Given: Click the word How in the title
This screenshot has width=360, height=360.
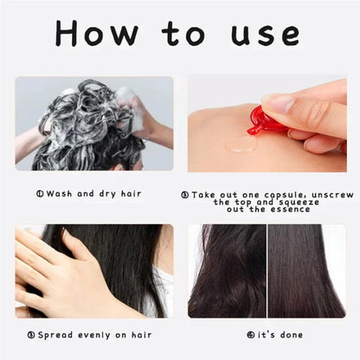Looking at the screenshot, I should tap(95, 34).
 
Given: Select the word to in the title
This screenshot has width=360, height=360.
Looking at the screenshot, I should tap(183, 34).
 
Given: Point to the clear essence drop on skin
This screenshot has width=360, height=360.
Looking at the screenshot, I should tap(242, 143).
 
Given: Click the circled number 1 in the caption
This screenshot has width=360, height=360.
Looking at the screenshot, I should tap(40, 195).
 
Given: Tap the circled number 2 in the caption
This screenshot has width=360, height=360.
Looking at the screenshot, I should tap(184, 195).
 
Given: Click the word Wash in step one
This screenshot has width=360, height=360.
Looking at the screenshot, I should tap(58, 195).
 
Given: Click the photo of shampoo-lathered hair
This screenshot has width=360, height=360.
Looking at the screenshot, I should tap(93, 123).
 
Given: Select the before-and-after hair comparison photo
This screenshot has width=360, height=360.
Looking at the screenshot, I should tap(267, 270).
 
